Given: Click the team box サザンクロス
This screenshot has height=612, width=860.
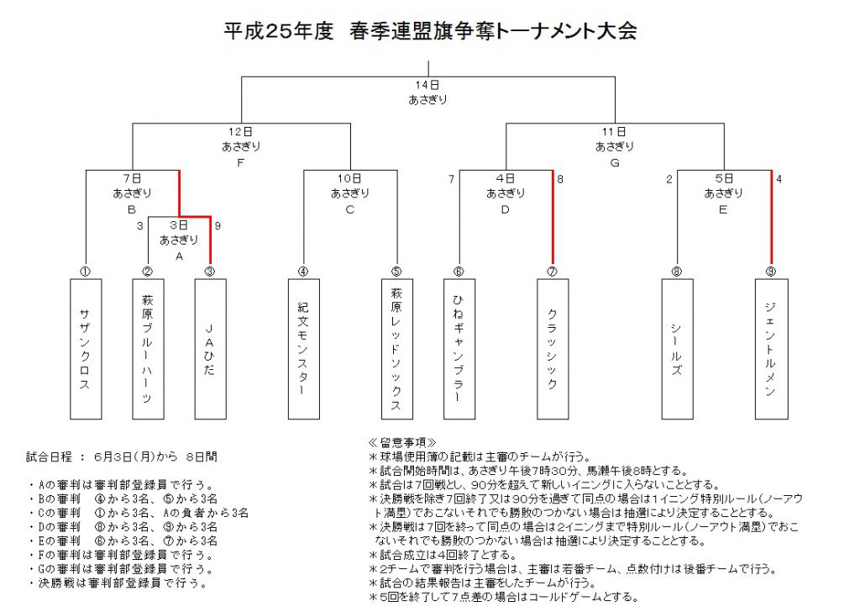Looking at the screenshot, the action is [86, 349].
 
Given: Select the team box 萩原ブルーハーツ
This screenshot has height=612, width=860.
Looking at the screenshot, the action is [148, 349].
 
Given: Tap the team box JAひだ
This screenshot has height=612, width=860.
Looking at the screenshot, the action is [211, 349].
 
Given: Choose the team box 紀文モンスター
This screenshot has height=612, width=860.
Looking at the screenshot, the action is [304, 349].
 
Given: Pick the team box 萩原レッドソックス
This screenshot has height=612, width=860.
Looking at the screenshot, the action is [397, 349].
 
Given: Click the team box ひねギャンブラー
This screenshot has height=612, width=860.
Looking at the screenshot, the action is [459, 349].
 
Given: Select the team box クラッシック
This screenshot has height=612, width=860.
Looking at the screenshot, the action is [553, 349].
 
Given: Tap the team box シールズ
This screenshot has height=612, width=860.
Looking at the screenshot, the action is [678, 349].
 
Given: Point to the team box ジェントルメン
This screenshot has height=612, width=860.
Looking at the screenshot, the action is [772, 349].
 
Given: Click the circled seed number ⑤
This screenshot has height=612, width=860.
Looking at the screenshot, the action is [396, 272].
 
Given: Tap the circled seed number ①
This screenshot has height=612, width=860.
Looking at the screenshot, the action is [85, 272].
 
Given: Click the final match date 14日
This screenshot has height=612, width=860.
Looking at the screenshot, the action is [427, 85].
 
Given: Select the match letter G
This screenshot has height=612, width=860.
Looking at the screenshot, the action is [615, 163].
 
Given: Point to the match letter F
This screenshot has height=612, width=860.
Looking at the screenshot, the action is [240, 163].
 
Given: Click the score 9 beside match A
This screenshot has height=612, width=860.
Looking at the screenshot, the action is [218, 225].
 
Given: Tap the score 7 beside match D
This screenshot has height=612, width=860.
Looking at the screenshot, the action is [451, 179].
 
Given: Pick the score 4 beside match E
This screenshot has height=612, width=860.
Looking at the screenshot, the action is [779, 179].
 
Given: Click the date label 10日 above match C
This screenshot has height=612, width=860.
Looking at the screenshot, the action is [350, 178].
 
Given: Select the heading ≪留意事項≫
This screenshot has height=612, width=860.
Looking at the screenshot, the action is [402, 442].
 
